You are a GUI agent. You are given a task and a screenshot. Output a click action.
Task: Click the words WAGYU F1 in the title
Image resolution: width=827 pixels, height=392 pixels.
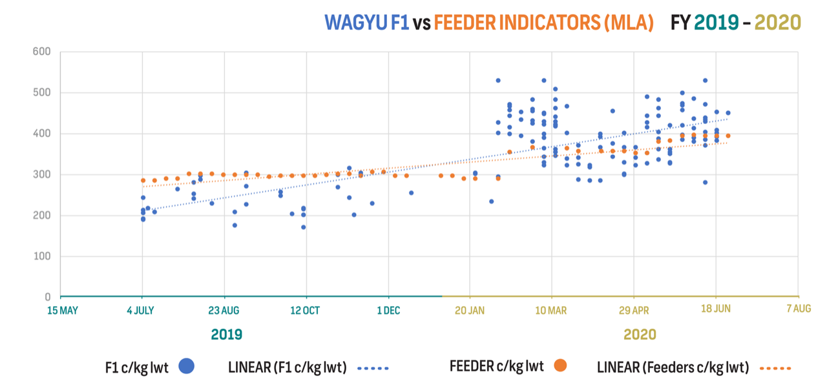pos(367,23)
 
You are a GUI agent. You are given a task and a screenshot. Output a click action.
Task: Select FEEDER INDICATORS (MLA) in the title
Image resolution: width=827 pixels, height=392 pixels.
pos(544,23)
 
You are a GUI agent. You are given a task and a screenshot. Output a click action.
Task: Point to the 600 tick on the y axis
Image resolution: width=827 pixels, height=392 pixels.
pos(42,52)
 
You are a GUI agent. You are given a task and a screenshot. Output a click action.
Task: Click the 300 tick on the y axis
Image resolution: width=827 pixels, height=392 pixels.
pos(42,174)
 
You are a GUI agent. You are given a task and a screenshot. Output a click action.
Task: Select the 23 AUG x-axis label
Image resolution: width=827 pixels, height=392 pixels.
pos(224,310)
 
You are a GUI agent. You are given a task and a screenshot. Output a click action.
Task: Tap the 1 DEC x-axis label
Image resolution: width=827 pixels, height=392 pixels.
pos(388,310)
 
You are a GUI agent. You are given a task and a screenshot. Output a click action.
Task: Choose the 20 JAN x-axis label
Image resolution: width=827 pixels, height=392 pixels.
pos(470,310)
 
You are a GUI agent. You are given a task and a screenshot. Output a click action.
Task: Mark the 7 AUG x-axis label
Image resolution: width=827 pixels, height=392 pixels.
pos(799,309)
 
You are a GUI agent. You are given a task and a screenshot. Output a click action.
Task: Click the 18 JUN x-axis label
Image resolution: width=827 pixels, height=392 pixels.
pos(716,309)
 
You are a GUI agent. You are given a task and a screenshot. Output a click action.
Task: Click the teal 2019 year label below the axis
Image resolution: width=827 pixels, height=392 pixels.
pos(226,335)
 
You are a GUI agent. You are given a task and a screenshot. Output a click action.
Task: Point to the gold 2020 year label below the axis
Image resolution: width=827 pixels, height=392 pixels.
pos(640,335)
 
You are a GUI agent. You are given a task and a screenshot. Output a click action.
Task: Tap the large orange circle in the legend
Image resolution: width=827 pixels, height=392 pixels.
pos(560,366)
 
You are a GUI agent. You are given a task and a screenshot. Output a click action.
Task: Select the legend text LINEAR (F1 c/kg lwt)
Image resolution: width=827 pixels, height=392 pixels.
pos(287,367)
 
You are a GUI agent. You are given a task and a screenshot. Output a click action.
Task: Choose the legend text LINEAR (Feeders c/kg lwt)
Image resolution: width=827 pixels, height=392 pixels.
pos(672,367)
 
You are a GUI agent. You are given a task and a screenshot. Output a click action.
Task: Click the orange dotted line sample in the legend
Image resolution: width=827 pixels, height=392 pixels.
pos(774,368)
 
